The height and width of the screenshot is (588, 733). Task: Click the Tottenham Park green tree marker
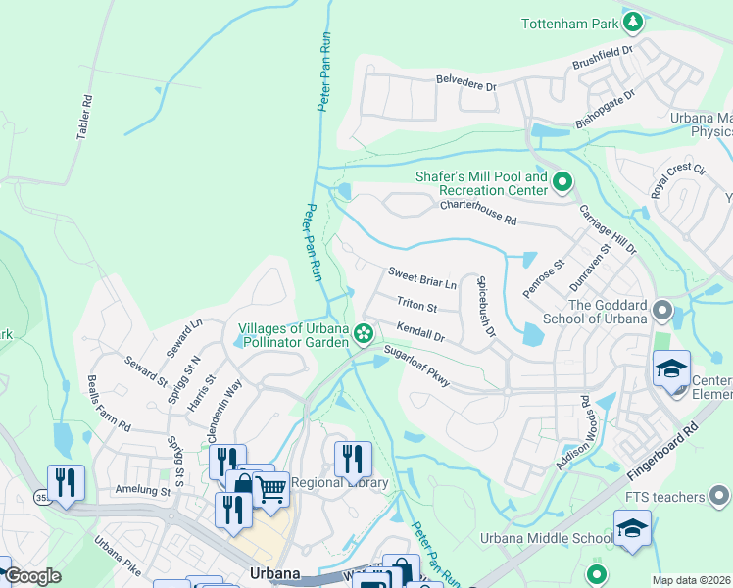(634, 21)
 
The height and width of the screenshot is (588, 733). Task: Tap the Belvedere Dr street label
(467, 85)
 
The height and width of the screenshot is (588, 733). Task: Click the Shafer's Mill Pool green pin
(562, 181)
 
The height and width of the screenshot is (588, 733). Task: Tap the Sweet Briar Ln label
(422, 277)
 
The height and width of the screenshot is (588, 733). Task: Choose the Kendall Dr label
(421, 330)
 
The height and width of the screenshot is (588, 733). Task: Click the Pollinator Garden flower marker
(364, 334)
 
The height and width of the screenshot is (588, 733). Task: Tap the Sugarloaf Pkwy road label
(416, 366)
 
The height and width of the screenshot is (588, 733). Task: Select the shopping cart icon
(270, 487)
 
